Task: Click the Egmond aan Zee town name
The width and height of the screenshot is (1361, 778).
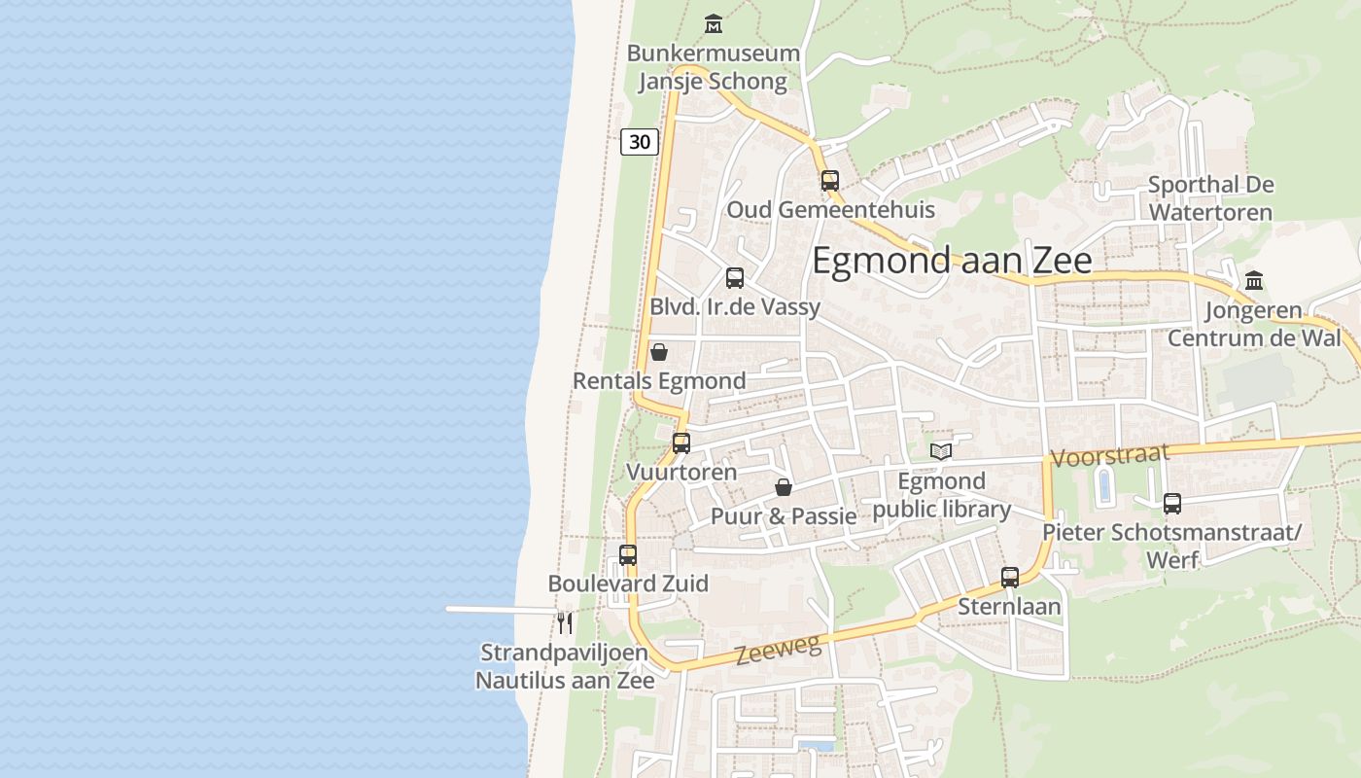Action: (x=952, y=261)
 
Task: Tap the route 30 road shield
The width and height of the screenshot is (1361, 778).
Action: (x=640, y=142)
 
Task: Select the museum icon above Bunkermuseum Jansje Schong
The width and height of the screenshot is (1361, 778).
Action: (x=714, y=23)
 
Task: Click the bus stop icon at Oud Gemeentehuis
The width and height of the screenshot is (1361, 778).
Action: (x=829, y=180)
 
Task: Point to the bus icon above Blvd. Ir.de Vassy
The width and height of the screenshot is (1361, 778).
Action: (x=735, y=277)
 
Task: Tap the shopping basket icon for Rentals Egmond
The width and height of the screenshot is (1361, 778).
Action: (x=659, y=351)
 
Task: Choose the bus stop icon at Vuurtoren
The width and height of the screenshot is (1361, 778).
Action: (x=681, y=442)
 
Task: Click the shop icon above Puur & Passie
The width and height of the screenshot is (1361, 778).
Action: (x=784, y=486)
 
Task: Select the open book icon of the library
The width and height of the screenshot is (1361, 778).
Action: (x=941, y=450)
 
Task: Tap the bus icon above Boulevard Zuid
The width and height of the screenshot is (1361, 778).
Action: (x=628, y=554)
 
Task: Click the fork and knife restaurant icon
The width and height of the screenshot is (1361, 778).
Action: (x=565, y=621)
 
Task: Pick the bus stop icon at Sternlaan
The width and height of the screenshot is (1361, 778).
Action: (x=1010, y=577)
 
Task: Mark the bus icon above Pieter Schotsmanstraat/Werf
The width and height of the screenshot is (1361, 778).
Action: (x=1172, y=503)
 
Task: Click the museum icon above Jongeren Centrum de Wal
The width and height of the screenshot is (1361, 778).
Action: (x=1254, y=280)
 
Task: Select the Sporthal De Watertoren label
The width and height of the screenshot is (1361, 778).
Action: (x=1210, y=197)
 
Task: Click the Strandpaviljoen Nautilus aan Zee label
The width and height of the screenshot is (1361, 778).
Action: (x=565, y=666)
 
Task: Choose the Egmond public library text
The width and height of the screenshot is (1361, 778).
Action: (x=942, y=495)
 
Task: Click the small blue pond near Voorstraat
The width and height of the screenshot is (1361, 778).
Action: (x=1104, y=485)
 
